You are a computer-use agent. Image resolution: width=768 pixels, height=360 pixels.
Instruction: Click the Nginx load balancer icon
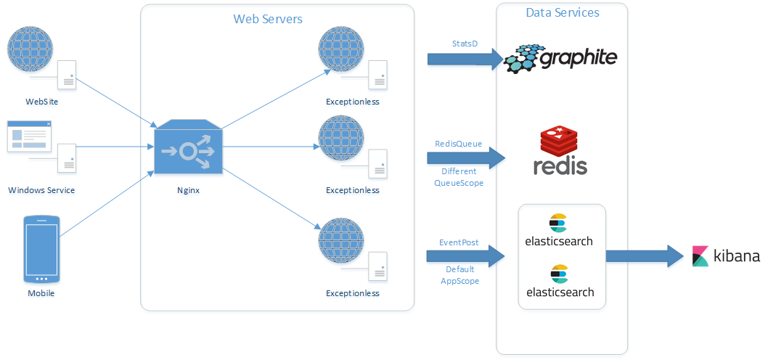[x=188, y=148]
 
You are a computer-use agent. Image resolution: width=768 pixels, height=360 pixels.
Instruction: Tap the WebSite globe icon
[x=30, y=49]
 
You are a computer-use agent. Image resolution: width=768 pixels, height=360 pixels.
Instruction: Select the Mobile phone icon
[x=42, y=248]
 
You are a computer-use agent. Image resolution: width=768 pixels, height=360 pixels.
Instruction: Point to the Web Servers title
[x=267, y=19]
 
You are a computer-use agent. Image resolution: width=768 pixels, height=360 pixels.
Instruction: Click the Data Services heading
[x=563, y=13]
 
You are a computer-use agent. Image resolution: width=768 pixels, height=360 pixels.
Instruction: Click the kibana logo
[x=726, y=256]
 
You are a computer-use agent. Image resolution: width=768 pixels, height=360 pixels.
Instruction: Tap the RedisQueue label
[x=458, y=144]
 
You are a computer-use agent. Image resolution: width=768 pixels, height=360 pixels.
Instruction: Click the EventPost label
[x=459, y=242]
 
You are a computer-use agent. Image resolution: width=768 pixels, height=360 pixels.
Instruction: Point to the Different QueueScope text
[x=458, y=177]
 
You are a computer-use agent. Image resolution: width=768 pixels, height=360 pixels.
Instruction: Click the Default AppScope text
[x=459, y=275]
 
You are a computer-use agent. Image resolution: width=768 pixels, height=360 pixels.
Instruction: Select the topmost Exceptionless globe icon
[x=340, y=49]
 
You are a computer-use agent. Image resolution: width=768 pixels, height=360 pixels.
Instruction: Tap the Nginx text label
[x=188, y=190]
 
